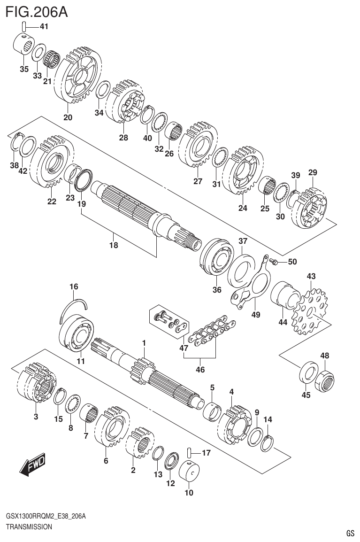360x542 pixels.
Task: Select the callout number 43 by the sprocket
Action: pyautogui.click(x=311, y=276)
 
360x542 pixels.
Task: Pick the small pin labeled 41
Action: pyautogui.click(x=24, y=27)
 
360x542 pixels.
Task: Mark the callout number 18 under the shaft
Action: pyautogui.click(x=113, y=245)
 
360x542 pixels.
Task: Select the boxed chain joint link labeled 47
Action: pyautogui.click(x=169, y=321)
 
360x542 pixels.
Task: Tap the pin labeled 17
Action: pyautogui.click(x=189, y=453)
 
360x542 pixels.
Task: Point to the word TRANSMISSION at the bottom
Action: pyautogui.click(x=29, y=527)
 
